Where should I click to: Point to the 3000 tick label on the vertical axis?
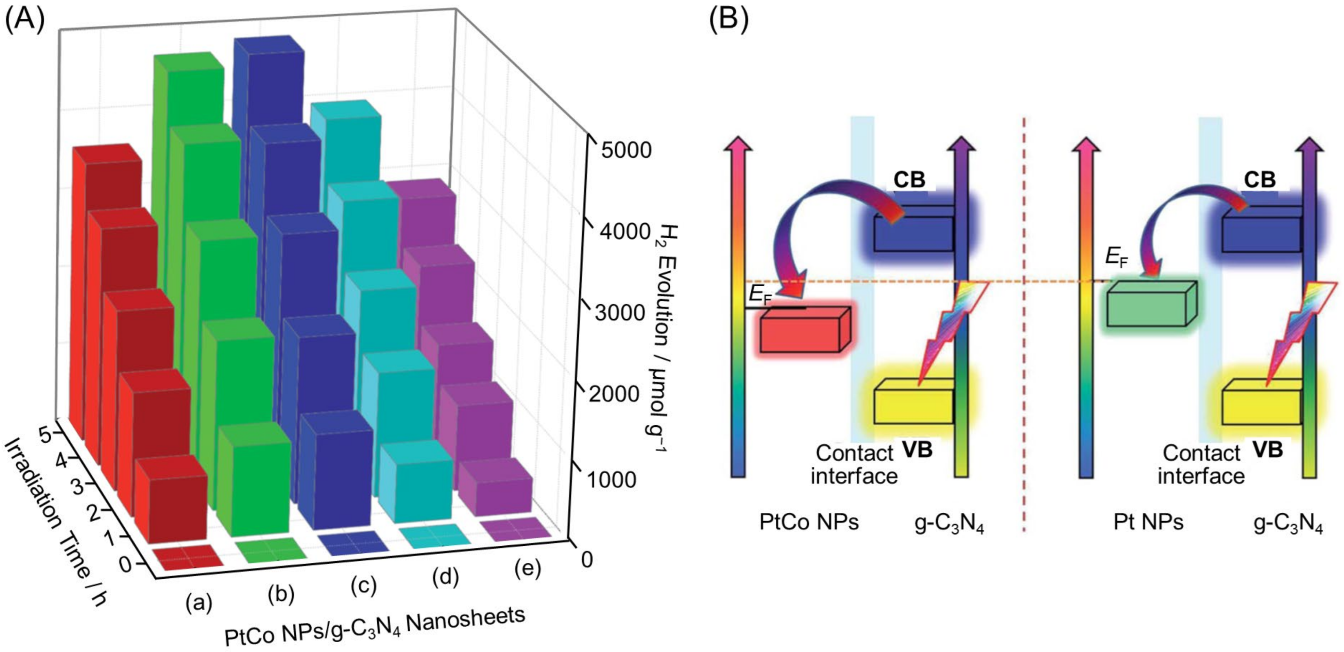coord(620,313)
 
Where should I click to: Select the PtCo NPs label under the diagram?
coord(809,522)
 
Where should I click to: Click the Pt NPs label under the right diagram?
coord(1148,522)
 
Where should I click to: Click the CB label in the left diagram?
coord(909,180)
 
